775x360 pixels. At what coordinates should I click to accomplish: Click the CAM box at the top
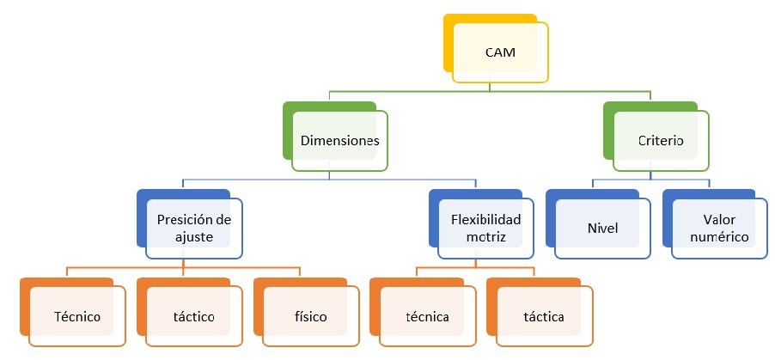click(501, 52)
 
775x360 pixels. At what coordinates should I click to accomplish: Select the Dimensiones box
click(340, 141)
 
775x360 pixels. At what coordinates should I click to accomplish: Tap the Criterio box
click(662, 141)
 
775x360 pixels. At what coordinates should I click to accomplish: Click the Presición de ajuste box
click(194, 229)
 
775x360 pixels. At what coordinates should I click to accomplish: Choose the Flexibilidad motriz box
click(485, 229)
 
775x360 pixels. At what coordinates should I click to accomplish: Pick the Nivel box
click(602, 229)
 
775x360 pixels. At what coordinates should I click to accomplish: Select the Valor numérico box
click(719, 229)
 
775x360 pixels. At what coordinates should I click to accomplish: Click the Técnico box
click(76, 316)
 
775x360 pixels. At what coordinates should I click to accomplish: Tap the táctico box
click(194, 316)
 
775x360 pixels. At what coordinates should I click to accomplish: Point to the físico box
click(310, 316)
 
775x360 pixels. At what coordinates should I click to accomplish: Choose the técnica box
click(427, 316)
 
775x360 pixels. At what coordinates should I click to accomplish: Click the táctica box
click(544, 316)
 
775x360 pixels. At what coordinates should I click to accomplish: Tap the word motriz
click(485, 236)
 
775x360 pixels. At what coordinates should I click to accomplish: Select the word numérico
click(719, 236)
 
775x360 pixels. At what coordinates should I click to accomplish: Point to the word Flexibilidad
click(485, 219)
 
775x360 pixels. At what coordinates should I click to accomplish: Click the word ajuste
click(195, 236)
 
